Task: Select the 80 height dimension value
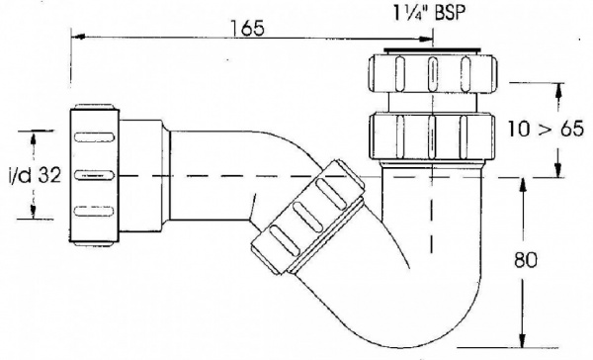(526, 260)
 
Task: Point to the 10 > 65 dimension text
(546, 129)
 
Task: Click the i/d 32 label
(35, 175)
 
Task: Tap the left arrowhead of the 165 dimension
(77, 37)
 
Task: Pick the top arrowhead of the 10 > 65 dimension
(558, 90)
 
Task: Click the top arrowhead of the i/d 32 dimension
(34, 137)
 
